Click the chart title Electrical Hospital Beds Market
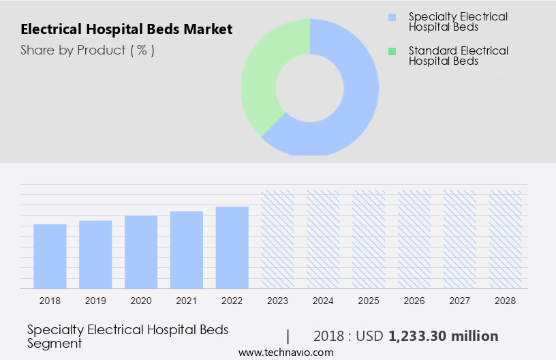point(126,29)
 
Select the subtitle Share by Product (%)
point(87,50)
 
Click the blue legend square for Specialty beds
point(391,16)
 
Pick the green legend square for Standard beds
point(391,51)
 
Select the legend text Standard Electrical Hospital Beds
point(458,56)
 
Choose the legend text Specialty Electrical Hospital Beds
point(458,22)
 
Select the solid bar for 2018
point(50,256)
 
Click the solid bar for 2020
point(141,252)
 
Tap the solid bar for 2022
point(232,247)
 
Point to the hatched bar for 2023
point(277,239)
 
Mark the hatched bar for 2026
point(414,239)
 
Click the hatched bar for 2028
point(506,239)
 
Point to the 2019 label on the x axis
point(95,301)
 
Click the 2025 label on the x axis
point(369,301)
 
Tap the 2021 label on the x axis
point(187,301)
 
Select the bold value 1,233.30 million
point(443,336)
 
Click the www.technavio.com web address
point(285,352)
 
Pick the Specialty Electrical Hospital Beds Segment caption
point(127,336)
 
